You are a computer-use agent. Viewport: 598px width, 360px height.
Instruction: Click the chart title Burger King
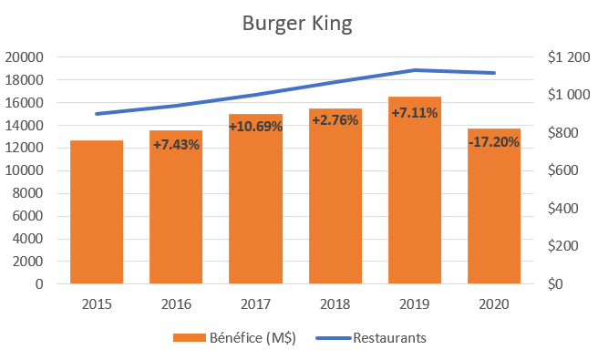297,23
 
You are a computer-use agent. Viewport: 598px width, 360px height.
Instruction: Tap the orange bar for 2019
415,201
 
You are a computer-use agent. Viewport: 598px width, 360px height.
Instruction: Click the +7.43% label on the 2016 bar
176,145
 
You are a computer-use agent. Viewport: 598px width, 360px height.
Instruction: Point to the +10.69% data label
255,127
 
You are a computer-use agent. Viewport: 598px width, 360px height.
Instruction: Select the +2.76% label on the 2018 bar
335,119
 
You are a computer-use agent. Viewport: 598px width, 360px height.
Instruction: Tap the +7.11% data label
415,113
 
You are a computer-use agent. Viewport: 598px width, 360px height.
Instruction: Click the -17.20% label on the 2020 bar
494,142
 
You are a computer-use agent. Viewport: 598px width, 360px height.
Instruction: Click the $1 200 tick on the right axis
569,57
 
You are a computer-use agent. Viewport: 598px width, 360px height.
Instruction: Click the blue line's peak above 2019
415,70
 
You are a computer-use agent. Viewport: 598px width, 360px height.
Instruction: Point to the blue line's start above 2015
97,114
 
